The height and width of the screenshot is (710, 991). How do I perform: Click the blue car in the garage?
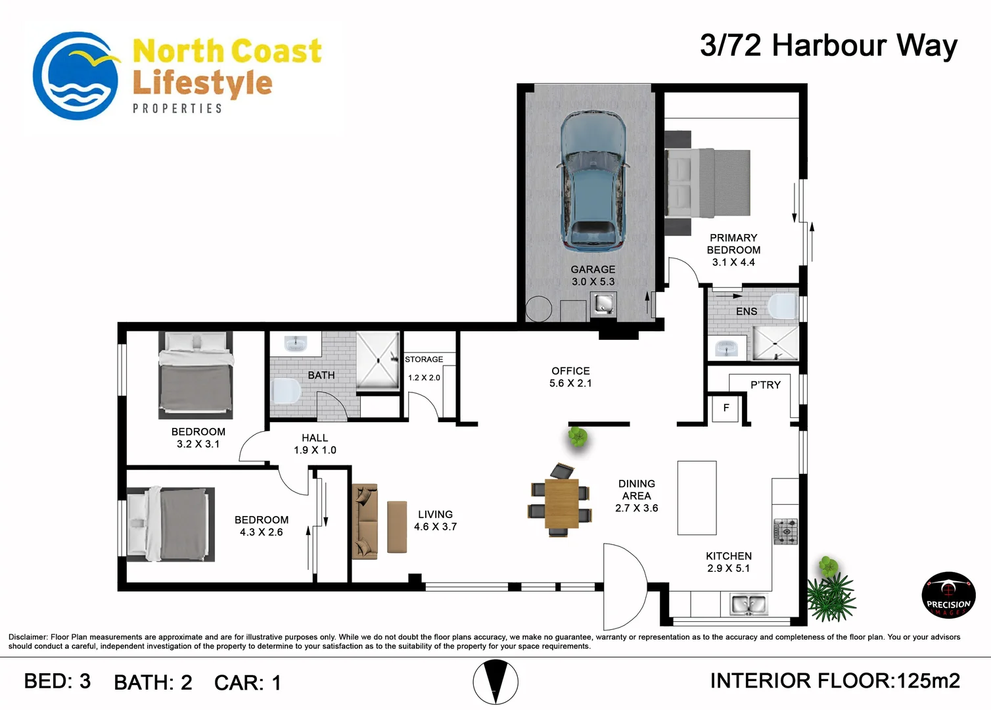point(593,181)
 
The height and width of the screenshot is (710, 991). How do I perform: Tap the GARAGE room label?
point(593,269)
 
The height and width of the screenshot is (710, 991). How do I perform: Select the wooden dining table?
point(561,504)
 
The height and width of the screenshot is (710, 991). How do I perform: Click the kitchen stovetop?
point(785,531)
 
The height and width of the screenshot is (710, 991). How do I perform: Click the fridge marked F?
point(726,408)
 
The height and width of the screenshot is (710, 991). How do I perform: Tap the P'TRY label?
point(766,385)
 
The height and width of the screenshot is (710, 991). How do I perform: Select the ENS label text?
point(747,312)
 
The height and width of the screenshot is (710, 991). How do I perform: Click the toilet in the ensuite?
point(783,306)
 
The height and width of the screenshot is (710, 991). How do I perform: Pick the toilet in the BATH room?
point(286,390)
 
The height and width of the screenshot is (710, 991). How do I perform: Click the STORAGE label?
point(424,360)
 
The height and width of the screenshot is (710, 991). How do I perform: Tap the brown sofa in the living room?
point(365,521)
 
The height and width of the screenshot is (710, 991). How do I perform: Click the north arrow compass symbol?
point(495,682)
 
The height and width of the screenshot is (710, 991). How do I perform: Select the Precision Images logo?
point(948,595)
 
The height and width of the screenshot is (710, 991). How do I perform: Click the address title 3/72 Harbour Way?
point(829,46)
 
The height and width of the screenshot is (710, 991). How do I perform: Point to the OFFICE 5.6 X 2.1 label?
point(570,377)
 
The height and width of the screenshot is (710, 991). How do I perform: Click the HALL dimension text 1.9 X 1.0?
point(315,450)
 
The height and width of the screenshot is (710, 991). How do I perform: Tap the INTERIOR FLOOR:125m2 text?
point(835,681)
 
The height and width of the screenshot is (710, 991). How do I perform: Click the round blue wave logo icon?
point(76,76)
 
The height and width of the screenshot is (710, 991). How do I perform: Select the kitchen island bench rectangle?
point(697,498)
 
